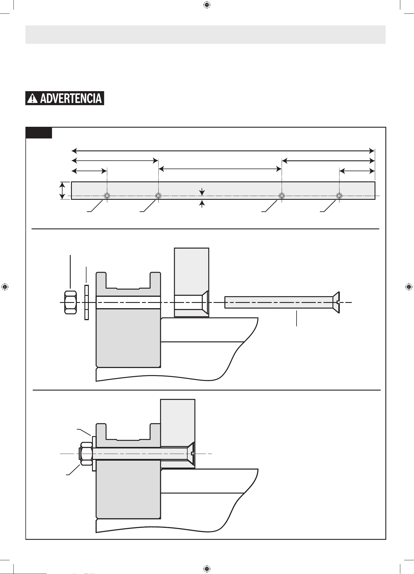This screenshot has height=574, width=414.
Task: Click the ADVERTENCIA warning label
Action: tap(65, 98)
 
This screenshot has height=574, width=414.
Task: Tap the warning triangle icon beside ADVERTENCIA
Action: tap(32, 98)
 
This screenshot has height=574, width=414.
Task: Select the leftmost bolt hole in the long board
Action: tap(107, 195)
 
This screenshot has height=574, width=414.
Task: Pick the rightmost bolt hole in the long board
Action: tap(339, 195)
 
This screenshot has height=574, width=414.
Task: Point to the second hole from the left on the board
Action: tap(158, 195)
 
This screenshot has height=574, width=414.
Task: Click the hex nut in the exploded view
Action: tap(70, 302)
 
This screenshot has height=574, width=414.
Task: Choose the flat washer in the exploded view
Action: tap(86, 302)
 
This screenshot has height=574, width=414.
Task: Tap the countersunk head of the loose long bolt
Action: tap(336, 302)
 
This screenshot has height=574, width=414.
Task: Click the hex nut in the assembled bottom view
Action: tap(86, 454)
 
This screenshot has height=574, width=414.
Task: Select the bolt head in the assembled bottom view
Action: tap(191, 453)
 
